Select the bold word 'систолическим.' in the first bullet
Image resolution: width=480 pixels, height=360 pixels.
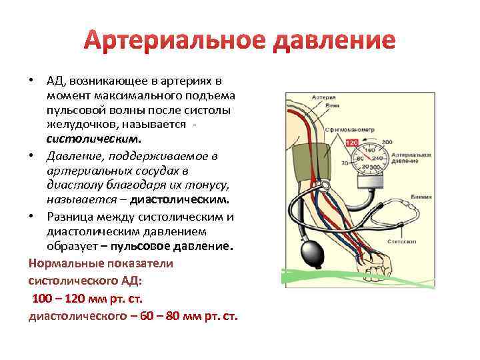click(94, 140)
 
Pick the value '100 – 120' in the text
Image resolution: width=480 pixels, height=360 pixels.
click(60, 297)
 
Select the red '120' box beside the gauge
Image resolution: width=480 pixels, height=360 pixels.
click(352, 142)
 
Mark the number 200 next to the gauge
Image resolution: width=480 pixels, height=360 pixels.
click(387, 142)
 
